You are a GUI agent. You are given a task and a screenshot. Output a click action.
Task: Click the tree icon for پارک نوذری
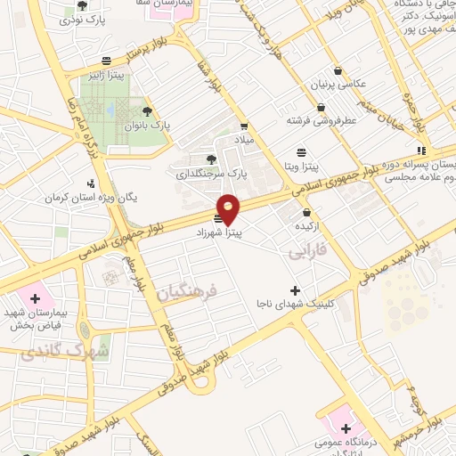[83, 5]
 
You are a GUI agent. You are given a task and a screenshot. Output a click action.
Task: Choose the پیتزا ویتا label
[303, 166]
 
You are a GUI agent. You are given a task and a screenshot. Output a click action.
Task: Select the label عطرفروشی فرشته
[322, 119]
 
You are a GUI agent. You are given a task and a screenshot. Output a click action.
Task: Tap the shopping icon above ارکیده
[308, 212]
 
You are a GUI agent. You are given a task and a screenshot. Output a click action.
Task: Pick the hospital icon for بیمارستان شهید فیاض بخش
[36, 298]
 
